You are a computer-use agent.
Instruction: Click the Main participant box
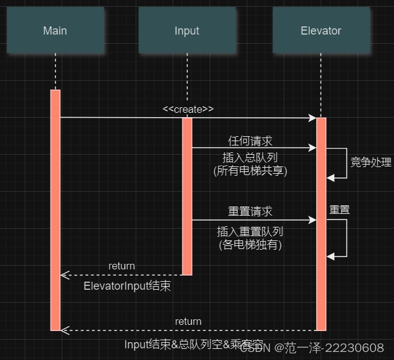[x=55, y=31]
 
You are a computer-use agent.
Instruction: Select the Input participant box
[x=187, y=31]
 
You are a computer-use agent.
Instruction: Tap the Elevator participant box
[x=321, y=31]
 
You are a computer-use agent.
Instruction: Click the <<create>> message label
[x=188, y=109]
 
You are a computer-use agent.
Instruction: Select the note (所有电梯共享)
[x=250, y=171]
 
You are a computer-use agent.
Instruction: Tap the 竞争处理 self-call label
[x=371, y=163]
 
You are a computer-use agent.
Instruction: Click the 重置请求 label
[x=250, y=211]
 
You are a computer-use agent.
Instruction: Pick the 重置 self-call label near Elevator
[x=339, y=210]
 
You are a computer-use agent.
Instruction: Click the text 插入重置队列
[x=250, y=231]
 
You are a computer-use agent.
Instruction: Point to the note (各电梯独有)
[x=250, y=244]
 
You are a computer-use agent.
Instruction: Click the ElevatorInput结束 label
[x=127, y=286]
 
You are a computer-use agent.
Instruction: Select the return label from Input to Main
[x=121, y=266]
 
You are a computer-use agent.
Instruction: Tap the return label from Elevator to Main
[x=188, y=321]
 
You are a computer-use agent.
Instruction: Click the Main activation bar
[x=55, y=210]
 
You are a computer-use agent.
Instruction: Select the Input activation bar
[x=187, y=196]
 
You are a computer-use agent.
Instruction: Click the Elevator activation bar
[x=321, y=223]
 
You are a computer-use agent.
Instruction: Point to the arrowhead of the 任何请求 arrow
[x=313, y=148]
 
